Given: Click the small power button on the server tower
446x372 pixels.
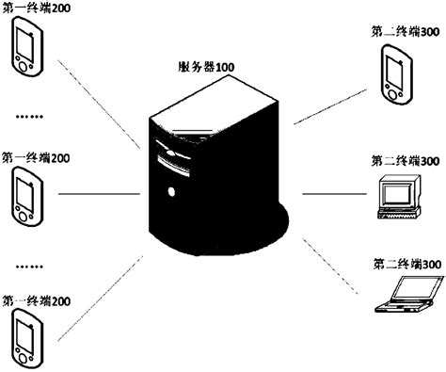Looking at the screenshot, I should [170, 192].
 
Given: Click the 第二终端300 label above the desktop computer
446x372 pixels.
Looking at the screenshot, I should [406, 161].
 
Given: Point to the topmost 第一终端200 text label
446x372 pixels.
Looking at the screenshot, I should [36, 8].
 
